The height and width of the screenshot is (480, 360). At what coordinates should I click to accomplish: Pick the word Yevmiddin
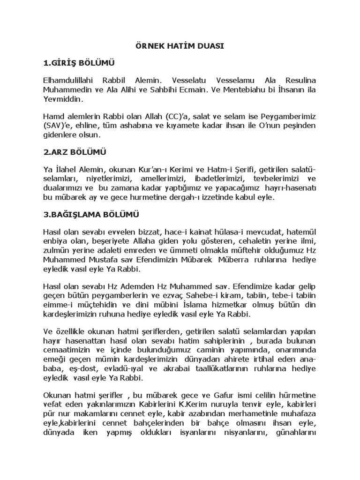tap(62, 100)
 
